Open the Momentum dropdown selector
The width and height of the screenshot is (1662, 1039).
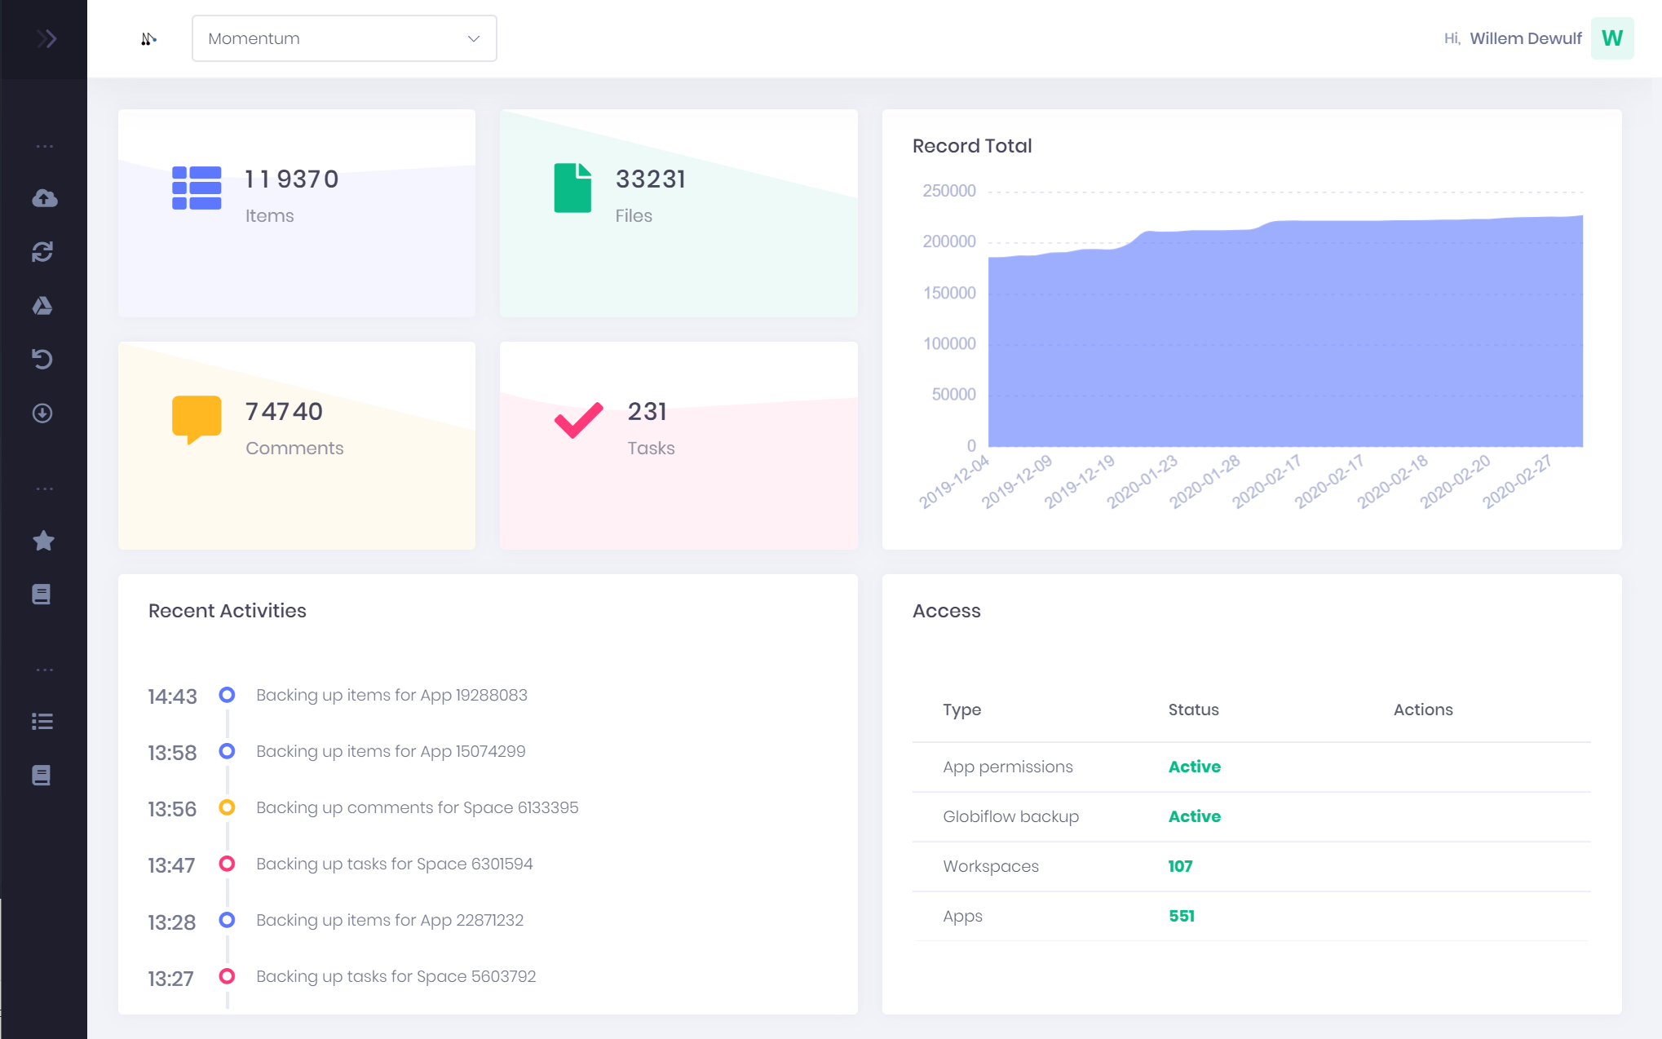(x=343, y=38)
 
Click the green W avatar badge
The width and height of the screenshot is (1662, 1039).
(x=1611, y=38)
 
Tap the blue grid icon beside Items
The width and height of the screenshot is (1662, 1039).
(x=197, y=188)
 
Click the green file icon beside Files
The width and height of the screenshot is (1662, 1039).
(x=572, y=188)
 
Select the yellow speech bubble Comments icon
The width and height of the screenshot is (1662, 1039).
(x=197, y=418)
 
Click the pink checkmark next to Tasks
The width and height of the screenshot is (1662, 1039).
(x=578, y=420)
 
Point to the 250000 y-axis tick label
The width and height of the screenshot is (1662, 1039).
(x=948, y=191)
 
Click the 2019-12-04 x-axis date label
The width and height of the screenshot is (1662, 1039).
(x=954, y=482)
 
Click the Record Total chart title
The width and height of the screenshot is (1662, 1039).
(x=971, y=146)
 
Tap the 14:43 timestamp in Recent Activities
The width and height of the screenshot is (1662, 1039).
(x=172, y=696)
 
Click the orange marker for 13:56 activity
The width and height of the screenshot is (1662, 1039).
(x=227, y=807)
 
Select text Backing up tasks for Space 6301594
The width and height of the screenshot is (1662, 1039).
(x=394, y=864)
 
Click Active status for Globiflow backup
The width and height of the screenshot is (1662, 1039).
(x=1194, y=816)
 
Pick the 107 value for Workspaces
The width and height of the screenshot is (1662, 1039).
(x=1180, y=866)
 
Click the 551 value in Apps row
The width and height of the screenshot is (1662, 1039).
(x=1181, y=916)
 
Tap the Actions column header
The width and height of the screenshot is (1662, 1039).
(x=1422, y=710)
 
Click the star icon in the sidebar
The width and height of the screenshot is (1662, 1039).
(x=43, y=541)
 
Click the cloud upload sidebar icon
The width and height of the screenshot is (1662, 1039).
(x=44, y=198)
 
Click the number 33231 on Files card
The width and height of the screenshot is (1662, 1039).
(x=650, y=179)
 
